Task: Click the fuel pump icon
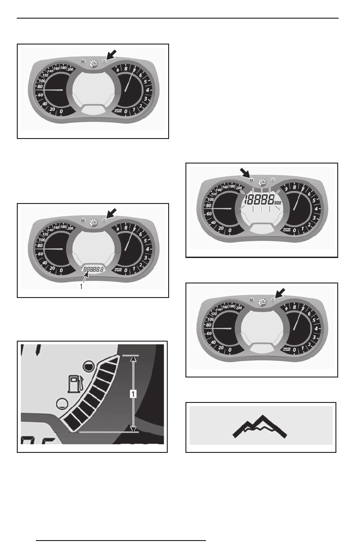(x=73, y=384)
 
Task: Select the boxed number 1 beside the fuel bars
(x=133, y=394)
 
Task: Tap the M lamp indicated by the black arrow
(x=251, y=180)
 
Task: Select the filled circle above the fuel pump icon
(x=90, y=364)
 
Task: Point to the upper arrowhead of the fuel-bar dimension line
(x=133, y=358)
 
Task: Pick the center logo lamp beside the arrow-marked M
(x=262, y=181)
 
